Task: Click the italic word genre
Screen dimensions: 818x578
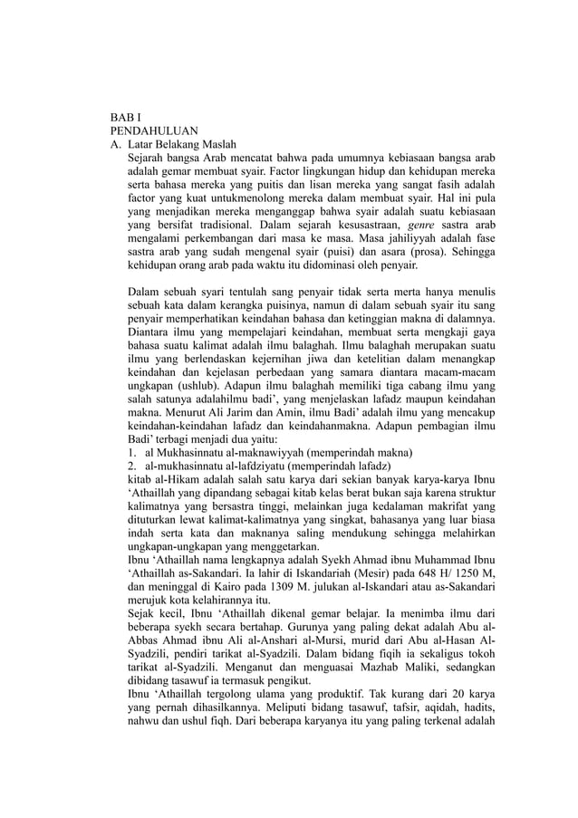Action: pos(422,223)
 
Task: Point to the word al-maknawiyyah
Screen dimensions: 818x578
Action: pos(261,452)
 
